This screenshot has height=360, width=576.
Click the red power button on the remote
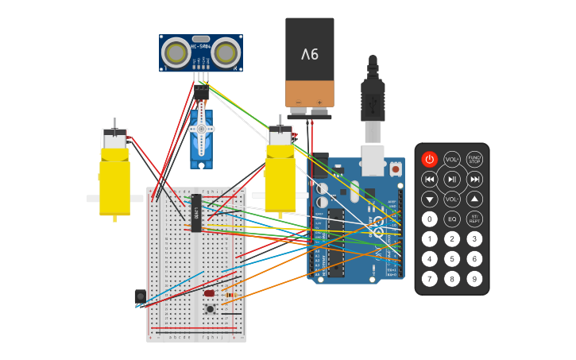coord(429,159)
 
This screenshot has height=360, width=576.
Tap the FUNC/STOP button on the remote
coord(474,159)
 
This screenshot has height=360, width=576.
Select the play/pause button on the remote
coord(452,180)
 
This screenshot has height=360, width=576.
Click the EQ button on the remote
coord(452,219)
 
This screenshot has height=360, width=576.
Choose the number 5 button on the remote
coord(452,258)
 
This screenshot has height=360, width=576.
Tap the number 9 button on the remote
coord(474,278)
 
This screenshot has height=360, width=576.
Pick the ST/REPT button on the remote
coord(474,219)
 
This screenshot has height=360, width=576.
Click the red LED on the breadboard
coord(209,293)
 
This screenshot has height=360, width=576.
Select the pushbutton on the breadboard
coord(211,309)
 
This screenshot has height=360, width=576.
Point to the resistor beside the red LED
coord(230,295)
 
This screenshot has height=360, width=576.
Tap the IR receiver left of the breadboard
coord(140,296)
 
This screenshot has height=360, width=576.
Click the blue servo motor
coord(201,139)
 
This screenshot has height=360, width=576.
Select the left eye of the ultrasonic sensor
coord(176,52)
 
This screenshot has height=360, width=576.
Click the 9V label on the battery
coord(309,54)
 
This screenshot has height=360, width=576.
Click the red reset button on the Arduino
coord(395,169)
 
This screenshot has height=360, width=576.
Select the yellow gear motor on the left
coord(114,179)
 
